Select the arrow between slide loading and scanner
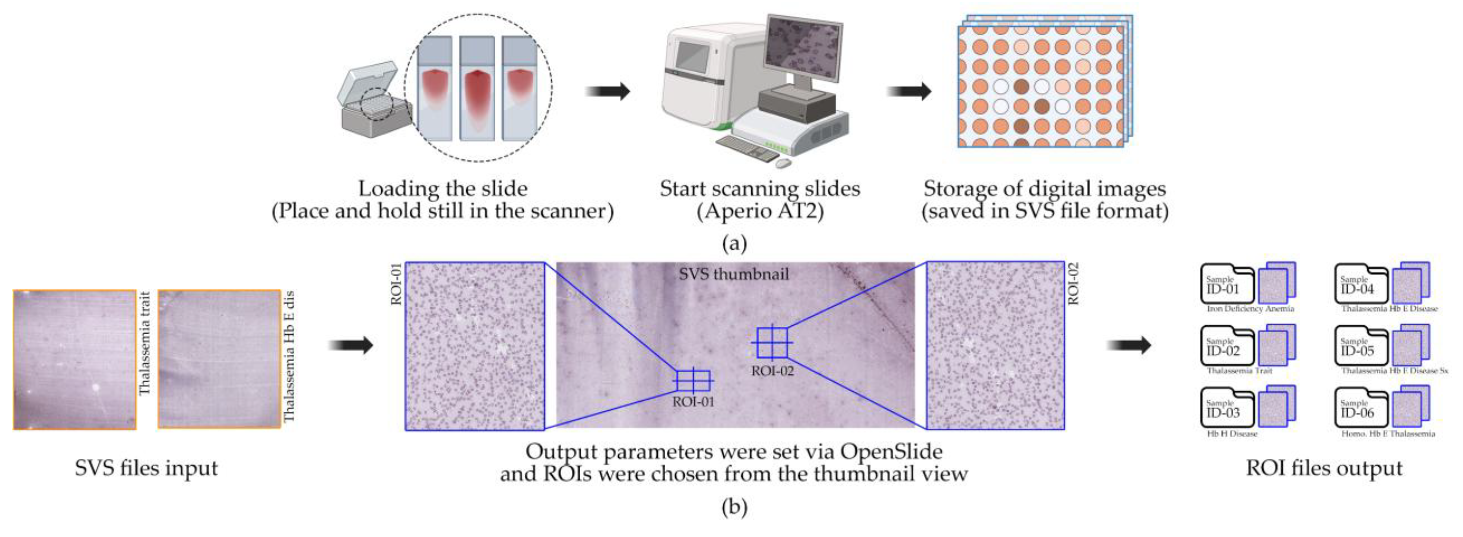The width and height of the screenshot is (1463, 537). tap(608, 91)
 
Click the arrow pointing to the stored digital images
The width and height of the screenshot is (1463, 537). tap(909, 91)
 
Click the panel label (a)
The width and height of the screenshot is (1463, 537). tap(734, 244)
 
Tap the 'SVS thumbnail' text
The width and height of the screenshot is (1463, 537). tap(734, 275)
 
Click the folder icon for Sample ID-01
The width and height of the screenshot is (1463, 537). tap(1227, 284)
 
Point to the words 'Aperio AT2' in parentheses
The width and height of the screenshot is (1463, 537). tap(760, 211)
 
